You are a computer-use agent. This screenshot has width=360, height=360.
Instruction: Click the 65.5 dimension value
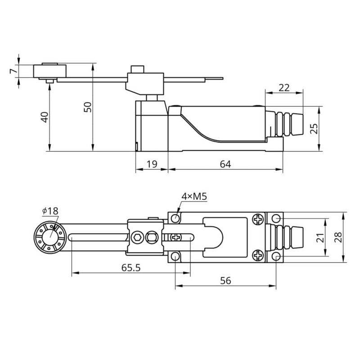[x=130, y=267]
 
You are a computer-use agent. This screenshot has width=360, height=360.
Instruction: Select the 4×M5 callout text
[x=194, y=196]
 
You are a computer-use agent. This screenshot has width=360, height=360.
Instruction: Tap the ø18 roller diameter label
[x=50, y=211]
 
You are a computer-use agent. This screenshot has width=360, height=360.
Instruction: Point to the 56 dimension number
[x=225, y=280]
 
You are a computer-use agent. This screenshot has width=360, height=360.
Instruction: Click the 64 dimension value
[x=225, y=164]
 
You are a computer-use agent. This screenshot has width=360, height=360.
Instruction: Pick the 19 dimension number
[x=152, y=164]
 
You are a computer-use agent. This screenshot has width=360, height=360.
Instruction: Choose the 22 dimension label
[x=284, y=88]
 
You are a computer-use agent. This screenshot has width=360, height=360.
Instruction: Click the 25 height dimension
[x=314, y=129]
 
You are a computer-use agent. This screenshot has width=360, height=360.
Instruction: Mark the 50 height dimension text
[x=87, y=107]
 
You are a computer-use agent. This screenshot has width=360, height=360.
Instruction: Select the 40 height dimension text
[x=44, y=117]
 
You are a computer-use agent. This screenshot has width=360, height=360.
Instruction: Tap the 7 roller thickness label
[x=14, y=71]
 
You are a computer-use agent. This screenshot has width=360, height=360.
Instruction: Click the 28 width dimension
[x=338, y=237]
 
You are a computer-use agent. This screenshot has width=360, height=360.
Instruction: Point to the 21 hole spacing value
[x=320, y=238]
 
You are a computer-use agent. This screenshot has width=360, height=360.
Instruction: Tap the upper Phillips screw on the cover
[x=258, y=219]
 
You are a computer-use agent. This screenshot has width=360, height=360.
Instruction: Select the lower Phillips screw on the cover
[x=258, y=256]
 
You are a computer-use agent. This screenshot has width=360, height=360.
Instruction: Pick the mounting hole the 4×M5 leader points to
[x=175, y=218]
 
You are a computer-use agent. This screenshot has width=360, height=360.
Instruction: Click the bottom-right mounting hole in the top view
[x=276, y=256]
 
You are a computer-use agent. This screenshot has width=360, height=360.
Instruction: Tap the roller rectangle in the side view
[x=50, y=71]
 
